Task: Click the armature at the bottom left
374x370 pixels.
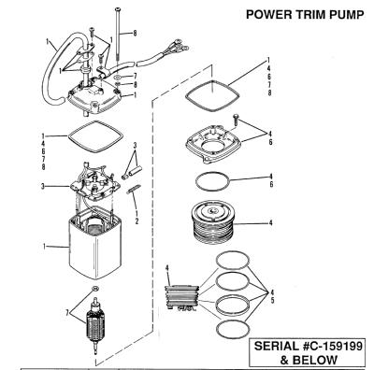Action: (95, 327)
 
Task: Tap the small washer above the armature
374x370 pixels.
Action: (95, 288)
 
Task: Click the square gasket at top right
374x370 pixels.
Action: (212, 96)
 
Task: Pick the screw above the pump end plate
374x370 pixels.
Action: (236, 120)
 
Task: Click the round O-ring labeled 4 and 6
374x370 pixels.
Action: (212, 181)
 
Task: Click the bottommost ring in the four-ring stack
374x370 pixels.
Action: (233, 328)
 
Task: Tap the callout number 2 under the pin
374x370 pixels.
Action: (137, 221)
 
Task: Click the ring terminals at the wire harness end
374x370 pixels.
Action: (178, 46)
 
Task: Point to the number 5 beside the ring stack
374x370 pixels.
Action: (272, 301)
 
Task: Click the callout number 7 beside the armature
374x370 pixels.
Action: (67, 313)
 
